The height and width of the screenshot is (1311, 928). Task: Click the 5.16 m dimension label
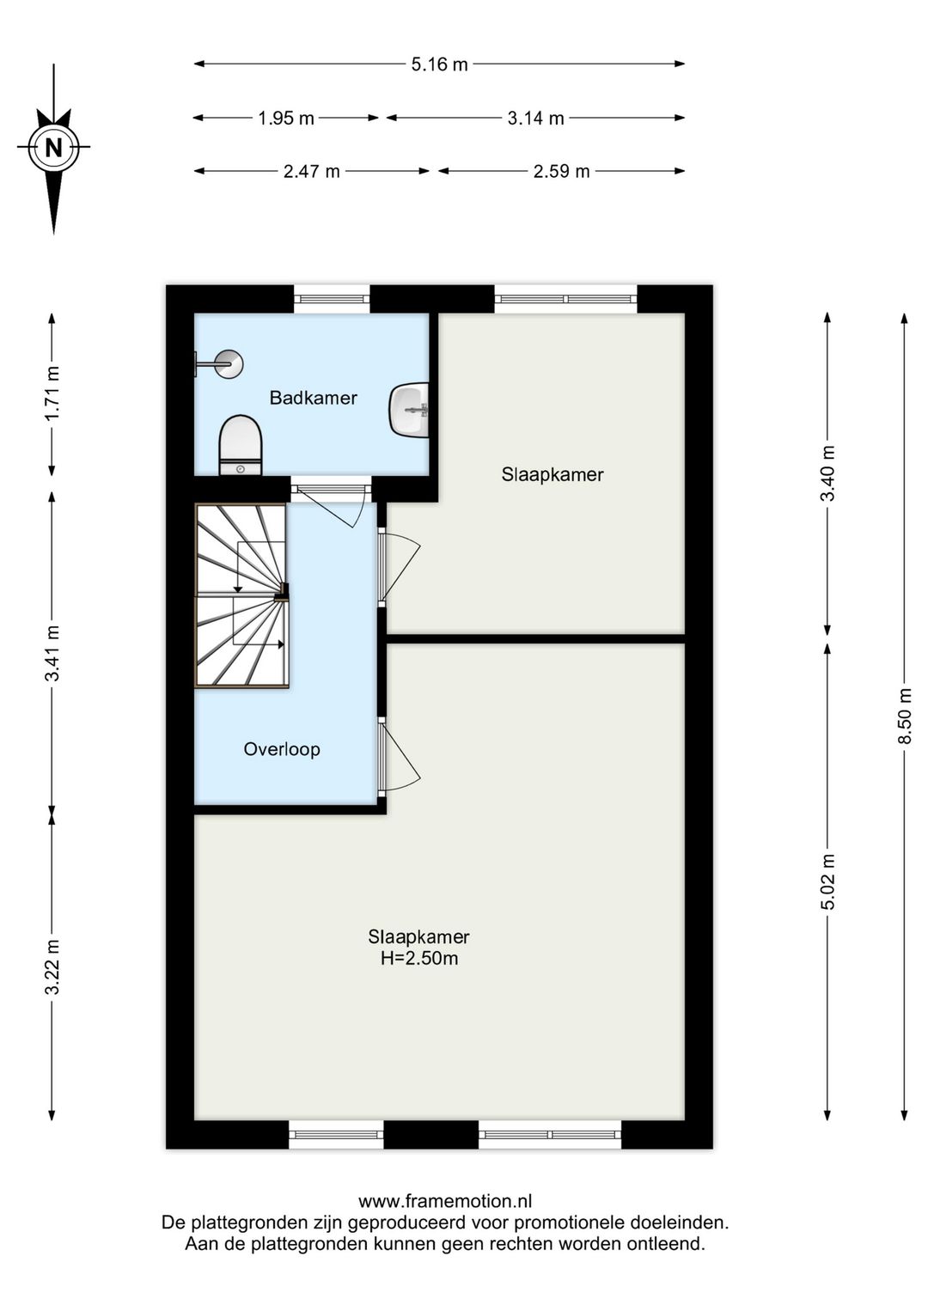[x=439, y=64]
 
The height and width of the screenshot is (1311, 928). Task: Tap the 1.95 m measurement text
[x=286, y=119]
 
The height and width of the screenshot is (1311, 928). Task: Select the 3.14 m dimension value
[x=535, y=119]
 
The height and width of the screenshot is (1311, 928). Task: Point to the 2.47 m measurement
[x=311, y=172]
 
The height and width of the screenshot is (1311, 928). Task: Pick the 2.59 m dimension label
[x=561, y=172]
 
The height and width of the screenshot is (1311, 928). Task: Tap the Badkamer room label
[x=314, y=398]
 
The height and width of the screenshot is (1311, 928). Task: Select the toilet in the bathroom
[x=240, y=445]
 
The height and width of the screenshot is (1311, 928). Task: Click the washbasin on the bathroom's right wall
[x=409, y=409]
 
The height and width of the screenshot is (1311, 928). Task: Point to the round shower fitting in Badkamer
[x=228, y=364]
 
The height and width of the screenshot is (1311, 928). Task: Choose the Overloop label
[x=282, y=749]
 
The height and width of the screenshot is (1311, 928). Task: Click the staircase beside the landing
[x=241, y=595]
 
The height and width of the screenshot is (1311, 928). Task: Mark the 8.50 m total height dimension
[x=906, y=715]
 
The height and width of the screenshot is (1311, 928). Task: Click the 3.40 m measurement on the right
[x=827, y=473]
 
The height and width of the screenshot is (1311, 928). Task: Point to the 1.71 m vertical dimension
[x=52, y=393]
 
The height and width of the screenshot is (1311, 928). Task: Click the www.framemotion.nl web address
[x=445, y=1202]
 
